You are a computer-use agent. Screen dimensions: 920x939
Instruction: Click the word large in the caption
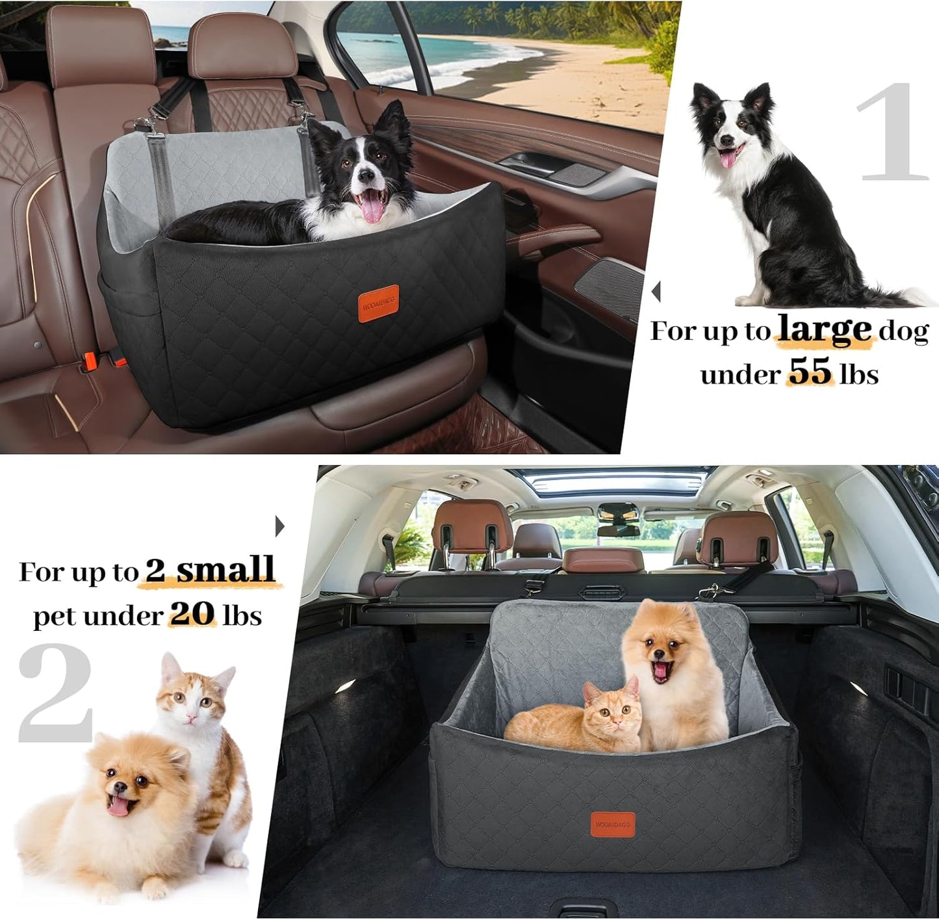point(824,330)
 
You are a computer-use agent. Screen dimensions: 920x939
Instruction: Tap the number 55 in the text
point(810,372)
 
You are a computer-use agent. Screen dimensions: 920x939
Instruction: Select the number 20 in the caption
point(192,614)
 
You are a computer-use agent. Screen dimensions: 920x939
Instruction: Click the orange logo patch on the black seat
point(378,303)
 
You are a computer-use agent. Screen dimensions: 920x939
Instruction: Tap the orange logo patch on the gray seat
point(612,824)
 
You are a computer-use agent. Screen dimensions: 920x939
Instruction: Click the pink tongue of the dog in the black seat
point(372,209)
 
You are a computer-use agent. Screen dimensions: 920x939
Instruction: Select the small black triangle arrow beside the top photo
point(656,291)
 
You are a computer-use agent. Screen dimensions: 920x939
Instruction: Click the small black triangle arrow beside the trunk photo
point(279,526)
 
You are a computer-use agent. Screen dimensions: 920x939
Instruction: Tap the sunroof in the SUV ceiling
point(614,481)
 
